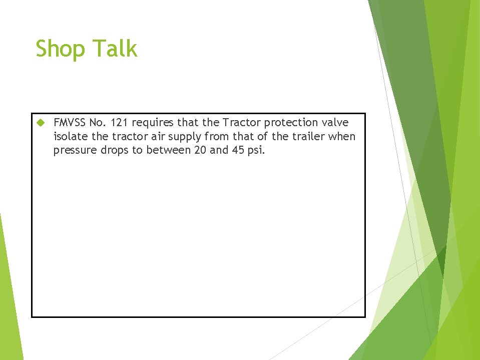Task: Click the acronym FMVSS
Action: (x=70, y=123)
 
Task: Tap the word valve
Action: (x=335, y=123)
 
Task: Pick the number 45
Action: (x=237, y=150)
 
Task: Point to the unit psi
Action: (x=255, y=151)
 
